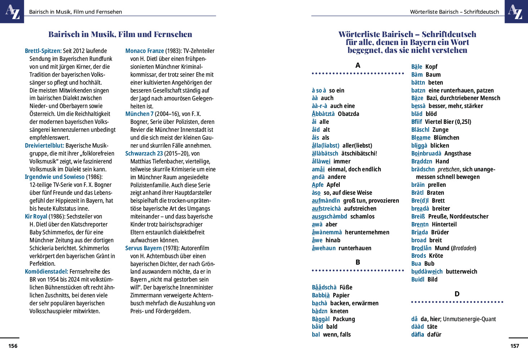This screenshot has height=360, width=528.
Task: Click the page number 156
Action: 13,346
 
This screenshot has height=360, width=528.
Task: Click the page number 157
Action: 515,346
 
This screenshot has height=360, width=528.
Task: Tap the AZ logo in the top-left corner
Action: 12,12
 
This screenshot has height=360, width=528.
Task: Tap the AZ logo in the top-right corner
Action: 516,12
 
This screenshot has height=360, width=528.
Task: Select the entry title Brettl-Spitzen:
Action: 43,51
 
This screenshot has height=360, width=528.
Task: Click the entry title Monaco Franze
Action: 144,51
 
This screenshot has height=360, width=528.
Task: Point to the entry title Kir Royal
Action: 36,217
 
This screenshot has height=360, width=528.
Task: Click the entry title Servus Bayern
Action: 143,248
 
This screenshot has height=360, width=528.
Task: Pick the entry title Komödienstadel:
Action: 46,272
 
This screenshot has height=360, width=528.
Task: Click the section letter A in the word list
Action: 358,66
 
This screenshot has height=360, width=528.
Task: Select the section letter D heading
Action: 457,294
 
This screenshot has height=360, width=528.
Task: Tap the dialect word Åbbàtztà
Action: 323,114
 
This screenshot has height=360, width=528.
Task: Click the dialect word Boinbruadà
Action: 426,154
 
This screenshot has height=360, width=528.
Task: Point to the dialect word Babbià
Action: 321,296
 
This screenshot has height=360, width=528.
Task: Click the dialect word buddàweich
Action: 427,272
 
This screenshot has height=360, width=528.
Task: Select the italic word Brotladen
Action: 464,248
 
